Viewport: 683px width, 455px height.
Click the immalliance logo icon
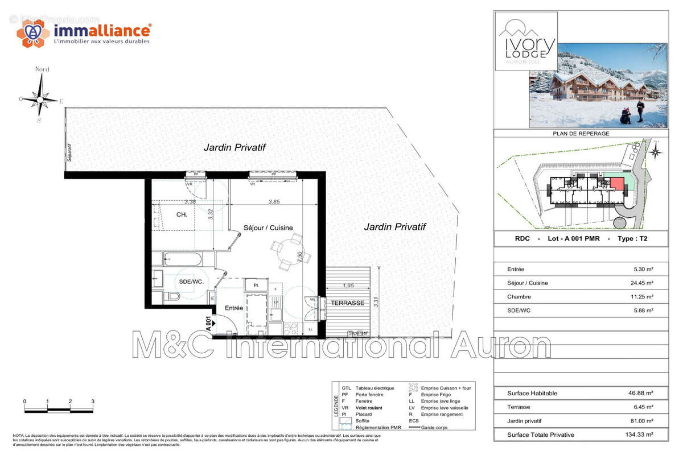click(x=32, y=32)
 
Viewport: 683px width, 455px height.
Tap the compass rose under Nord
click(x=40, y=98)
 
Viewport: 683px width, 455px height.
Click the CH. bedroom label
click(x=182, y=214)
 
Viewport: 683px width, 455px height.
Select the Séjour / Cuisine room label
click(x=268, y=227)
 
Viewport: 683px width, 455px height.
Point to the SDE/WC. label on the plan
click(x=191, y=282)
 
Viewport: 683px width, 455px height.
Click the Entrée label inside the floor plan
click(x=234, y=308)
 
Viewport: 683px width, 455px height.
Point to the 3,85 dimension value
click(x=274, y=201)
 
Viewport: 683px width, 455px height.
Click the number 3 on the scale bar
click(x=92, y=401)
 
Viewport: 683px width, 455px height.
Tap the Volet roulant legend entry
click(x=370, y=408)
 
